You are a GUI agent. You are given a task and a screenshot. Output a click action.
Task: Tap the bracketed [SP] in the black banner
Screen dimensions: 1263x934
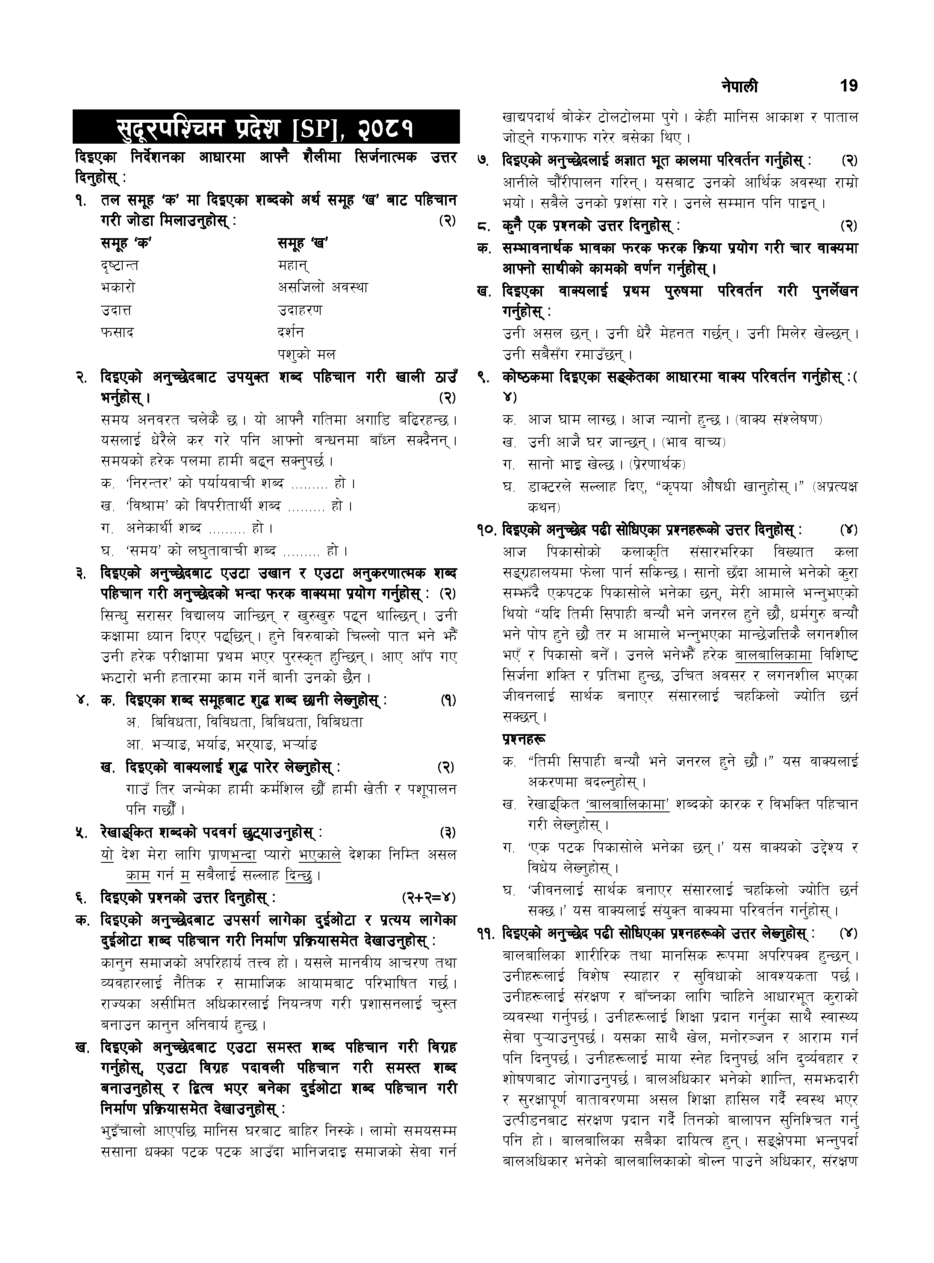(x=319, y=129)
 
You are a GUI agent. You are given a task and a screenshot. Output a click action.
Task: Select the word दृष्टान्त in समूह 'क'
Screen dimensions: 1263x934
(x=119, y=265)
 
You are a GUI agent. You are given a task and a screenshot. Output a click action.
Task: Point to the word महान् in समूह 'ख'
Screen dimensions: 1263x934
(x=293, y=265)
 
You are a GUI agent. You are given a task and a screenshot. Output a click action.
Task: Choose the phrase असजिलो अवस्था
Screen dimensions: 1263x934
(x=322, y=287)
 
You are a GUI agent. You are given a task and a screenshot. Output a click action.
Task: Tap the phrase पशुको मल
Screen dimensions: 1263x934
(x=306, y=354)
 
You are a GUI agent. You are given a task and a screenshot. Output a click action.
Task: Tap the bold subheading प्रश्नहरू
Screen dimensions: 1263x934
(x=523, y=739)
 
